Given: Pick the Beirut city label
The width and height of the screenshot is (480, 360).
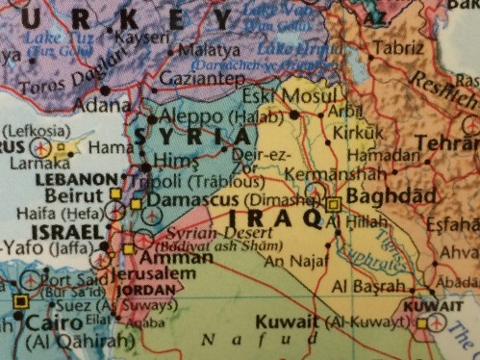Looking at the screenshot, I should click(66, 195).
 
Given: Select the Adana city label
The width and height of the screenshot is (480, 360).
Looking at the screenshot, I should click(81, 99).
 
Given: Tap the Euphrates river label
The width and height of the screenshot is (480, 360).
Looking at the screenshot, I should click(365, 251).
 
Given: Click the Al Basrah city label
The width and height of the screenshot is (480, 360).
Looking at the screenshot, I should click(367, 287).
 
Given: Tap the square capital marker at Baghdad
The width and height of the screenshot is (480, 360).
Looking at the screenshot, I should click(333, 204).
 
